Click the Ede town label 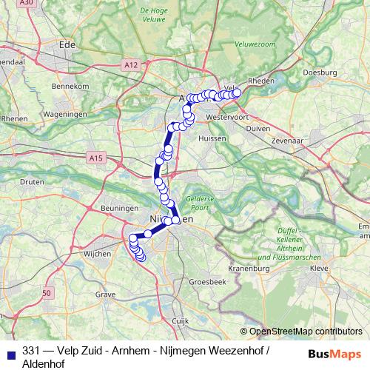[67, 44]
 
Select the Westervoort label [226, 116]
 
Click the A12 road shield [132, 66]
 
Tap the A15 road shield [95, 158]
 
